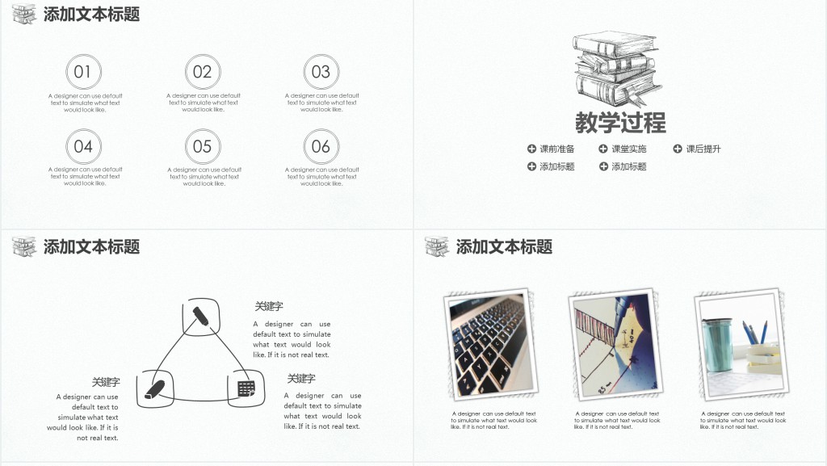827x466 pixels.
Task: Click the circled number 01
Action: [x=83, y=72]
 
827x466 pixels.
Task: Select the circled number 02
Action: [x=202, y=72]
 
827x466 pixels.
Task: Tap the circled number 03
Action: [x=321, y=72]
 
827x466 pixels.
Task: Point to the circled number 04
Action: [x=83, y=146]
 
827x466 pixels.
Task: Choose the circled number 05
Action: [x=202, y=146]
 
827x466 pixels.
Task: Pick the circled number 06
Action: [x=321, y=146]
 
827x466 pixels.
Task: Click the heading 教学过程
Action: [x=620, y=123]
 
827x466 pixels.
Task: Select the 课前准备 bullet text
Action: [x=557, y=149]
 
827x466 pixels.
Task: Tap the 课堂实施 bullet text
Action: [x=628, y=149]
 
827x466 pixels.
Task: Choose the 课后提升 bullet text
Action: [x=703, y=149]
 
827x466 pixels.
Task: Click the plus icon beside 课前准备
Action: [x=531, y=149]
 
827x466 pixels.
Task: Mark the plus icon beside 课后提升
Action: [x=678, y=149]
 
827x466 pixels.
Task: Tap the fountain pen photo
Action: [x=611, y=346]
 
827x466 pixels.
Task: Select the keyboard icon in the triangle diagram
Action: [x=246, y=388]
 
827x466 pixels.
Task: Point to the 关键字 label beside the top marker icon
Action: [x=269, y=306]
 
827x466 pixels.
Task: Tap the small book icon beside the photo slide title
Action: [x=437, y=246]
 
